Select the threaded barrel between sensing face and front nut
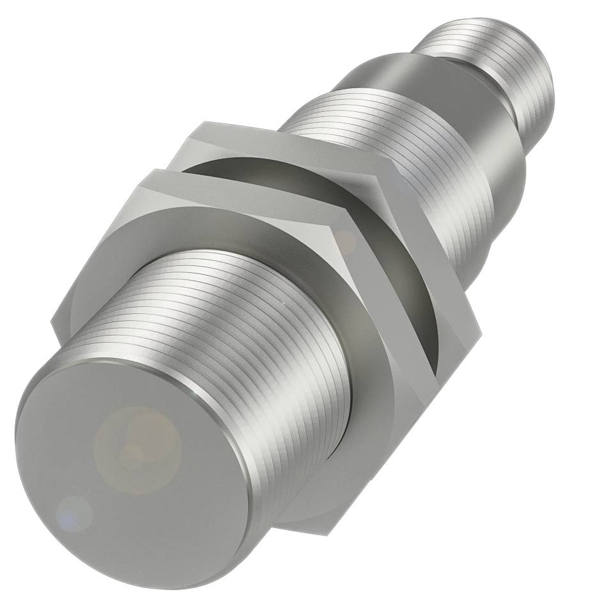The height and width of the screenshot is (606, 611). coord(256,332)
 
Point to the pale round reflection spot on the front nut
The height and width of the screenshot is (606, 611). coord(346,242)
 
